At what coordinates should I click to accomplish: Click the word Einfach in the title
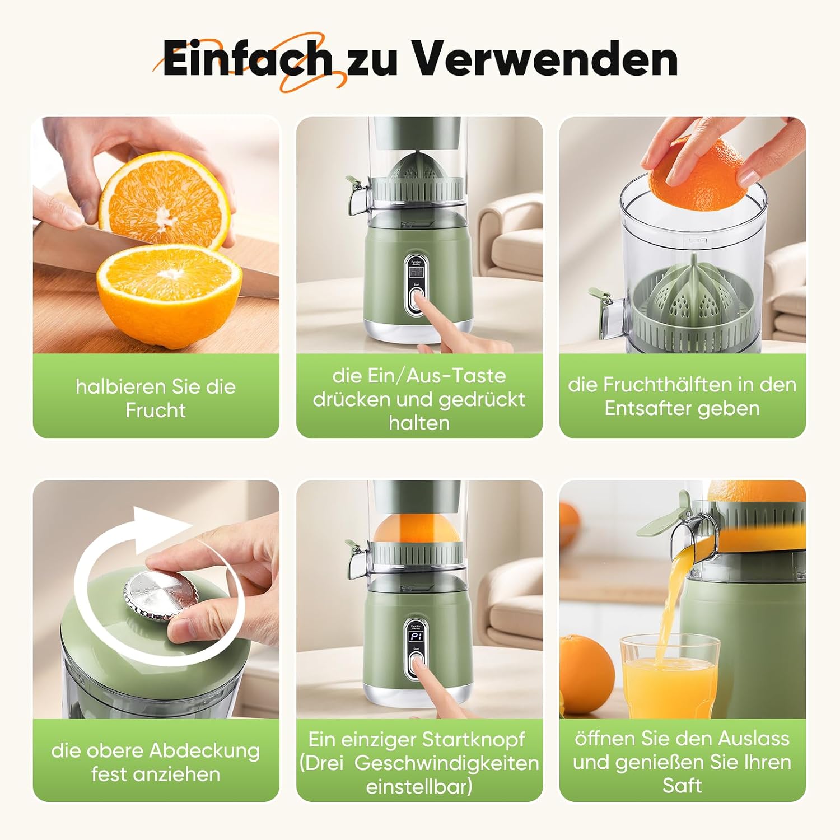pos(247,58)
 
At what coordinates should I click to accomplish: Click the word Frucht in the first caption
pos(156,410)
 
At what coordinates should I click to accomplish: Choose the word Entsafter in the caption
pos(642,408)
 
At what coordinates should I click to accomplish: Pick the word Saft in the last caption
pos(682,786)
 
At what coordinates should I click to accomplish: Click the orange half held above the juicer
pos(698,173)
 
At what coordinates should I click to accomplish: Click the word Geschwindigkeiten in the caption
pos(447,763)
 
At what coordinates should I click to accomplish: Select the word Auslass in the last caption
pos(754,739)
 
